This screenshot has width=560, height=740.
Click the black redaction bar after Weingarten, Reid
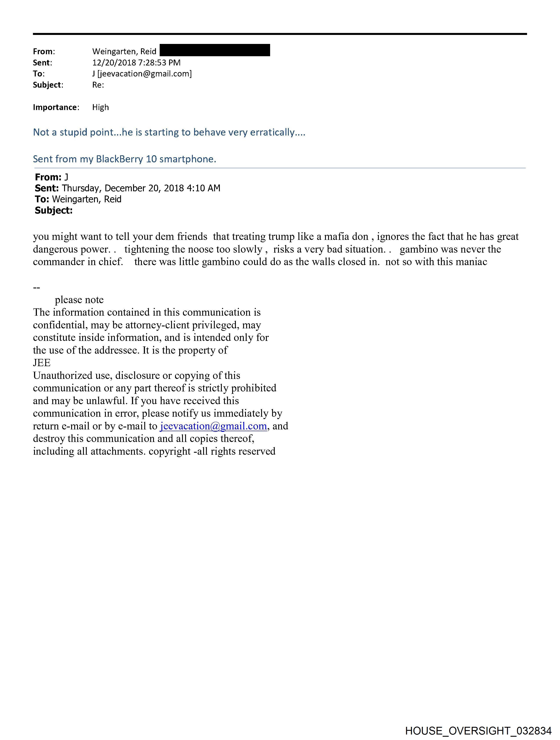(x=215, y=50)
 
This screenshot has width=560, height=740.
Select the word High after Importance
(x=100, y=107)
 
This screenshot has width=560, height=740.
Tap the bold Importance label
(x=55, y=107)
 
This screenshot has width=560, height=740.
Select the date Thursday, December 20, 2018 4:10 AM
(x=141, y=188)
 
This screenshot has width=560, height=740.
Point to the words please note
(x=79, y=300)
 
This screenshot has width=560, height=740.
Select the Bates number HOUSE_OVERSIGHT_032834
(x=478, y=731)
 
